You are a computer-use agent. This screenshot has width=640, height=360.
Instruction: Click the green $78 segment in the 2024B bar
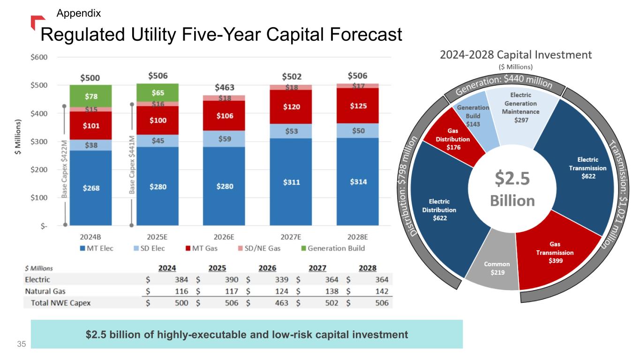click(91, 97)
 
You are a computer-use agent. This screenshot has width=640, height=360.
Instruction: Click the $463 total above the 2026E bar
click(225, 88)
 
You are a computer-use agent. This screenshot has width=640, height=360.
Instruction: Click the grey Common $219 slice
click(497, 269)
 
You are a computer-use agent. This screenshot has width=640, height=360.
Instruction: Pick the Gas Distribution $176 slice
click(452, 140)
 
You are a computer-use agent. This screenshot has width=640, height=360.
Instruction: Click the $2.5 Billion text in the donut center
click(512, 190)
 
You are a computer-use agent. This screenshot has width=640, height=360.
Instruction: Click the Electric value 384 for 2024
click(181, 280)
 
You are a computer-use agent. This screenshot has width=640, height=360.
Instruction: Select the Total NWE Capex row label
click(60, 303)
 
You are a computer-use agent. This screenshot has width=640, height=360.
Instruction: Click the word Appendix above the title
click(78, 13)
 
